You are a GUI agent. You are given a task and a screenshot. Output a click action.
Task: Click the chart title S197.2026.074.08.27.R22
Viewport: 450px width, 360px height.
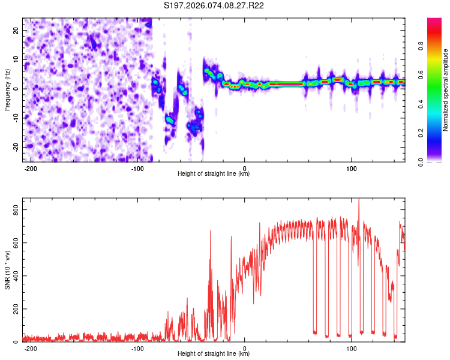214,6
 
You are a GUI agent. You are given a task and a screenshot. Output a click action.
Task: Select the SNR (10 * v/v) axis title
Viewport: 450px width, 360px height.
7,272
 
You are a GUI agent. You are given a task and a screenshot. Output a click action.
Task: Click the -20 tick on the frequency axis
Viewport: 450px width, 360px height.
16,147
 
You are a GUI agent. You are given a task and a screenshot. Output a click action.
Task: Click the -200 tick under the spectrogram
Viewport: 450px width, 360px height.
31,168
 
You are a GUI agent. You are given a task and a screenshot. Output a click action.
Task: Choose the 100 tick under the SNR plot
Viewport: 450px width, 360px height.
351,348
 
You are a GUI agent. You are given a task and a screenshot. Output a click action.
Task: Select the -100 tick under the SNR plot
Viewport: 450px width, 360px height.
137,348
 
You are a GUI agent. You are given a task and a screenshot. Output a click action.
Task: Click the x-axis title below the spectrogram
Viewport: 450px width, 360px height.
214,174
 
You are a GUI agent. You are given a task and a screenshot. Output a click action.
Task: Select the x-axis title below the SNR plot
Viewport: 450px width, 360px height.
214,354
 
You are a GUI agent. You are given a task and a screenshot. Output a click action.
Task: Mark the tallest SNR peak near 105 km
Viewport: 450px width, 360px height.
359,200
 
